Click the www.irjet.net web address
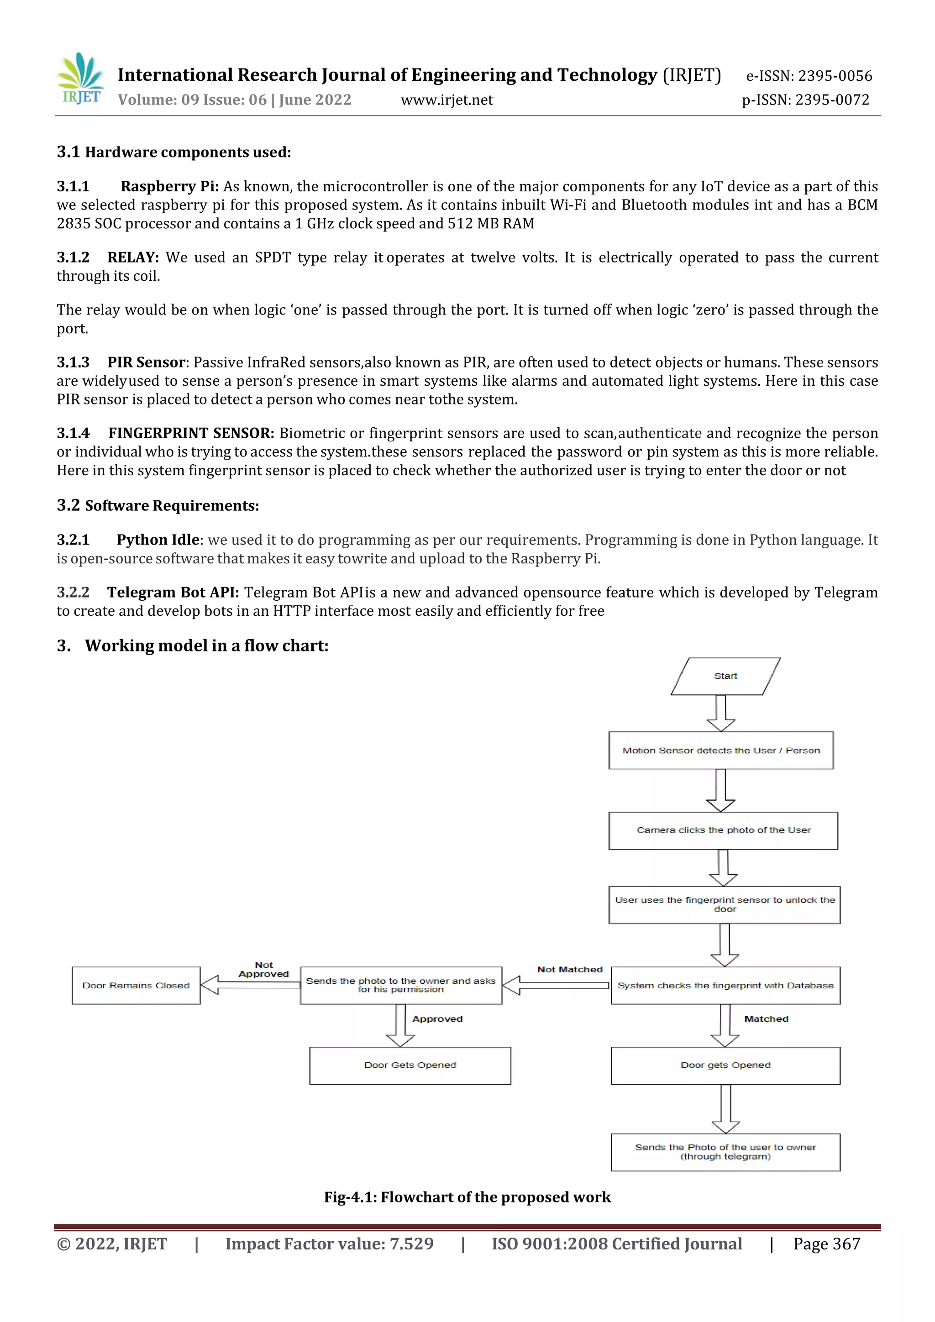(x=447, y=100)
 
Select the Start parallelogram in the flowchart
(x=725, y=676)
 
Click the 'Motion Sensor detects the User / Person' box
(x=721, y=750)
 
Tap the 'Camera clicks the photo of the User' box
(x=723, y=830)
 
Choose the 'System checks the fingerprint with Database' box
(x=725, y=985)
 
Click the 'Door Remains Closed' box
(x=136, y=985)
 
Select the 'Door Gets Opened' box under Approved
(x=410, y=1065)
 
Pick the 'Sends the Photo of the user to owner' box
(x=725, y=1152)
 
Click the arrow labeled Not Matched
(x=556, y=985)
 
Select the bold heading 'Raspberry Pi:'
(x=169, y=187)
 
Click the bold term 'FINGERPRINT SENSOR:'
(x=191, y=433)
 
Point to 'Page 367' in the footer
(x=826, y=1243)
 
